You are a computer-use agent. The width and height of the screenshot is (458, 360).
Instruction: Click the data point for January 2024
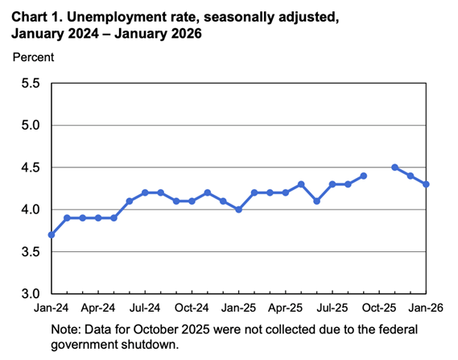52,234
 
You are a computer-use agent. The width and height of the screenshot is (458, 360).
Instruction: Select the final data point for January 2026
426,184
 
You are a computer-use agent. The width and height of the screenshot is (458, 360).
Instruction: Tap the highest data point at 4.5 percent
394,168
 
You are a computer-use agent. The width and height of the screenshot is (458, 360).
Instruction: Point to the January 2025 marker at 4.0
238,209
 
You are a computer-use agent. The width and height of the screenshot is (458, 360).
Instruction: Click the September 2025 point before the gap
363,176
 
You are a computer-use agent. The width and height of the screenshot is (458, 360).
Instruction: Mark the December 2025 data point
411,176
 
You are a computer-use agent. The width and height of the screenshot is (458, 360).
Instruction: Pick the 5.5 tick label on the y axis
30,84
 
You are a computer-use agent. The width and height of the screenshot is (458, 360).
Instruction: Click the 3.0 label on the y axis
30,294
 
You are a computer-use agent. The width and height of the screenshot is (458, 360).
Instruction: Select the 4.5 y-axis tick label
30,168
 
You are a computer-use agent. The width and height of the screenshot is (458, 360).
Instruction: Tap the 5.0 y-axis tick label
30,126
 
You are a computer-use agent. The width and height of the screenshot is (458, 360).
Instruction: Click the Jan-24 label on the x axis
52,308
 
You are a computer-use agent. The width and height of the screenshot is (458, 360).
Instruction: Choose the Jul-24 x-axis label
145,308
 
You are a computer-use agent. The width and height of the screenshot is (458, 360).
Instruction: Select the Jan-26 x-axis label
426,308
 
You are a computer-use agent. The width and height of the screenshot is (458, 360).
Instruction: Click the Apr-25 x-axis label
285,308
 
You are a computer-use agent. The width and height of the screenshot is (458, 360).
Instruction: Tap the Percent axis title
32,57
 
